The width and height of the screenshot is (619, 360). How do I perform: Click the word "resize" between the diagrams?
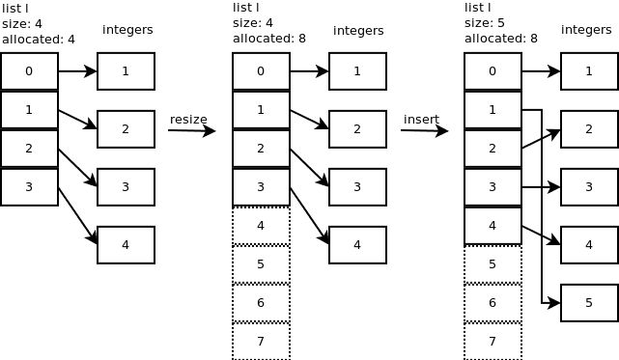[x=188, y=119]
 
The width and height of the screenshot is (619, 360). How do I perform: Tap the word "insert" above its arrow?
[x=421, y=119]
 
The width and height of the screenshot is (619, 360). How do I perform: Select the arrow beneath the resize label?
[x=191, y=130]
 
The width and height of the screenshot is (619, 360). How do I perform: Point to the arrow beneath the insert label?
[x=424, y=130]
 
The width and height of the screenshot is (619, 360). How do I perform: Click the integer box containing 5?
[x=589, y=303]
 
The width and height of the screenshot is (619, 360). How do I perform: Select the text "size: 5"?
[x=487, y=23]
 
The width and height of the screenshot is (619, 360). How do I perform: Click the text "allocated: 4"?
[x=38, y=40]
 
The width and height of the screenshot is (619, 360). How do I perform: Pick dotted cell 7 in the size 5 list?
[x=492, y=341]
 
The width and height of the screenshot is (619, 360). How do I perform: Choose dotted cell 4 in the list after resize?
[x=261, y=225]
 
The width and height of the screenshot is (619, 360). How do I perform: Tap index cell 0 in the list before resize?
[x=29, y=71]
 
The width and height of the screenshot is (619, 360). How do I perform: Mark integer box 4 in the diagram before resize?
[x=126, y=245]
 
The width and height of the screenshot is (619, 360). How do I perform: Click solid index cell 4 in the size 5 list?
[x=492, y=225]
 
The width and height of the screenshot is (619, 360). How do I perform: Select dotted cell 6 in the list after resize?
[x=261, y=302]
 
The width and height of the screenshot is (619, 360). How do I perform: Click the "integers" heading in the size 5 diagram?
[x=586, y=30]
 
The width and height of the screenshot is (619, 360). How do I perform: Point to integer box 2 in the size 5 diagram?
[x=589, y=129]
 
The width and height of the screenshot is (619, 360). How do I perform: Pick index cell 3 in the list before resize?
[x=29, y=187]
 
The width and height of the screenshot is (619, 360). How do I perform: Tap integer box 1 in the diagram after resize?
[x=357, y=71]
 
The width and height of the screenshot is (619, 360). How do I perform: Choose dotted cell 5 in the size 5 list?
[x=492, y=263]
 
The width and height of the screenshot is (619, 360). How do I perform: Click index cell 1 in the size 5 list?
[x=492, y=110]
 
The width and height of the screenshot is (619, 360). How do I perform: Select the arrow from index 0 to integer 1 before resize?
[x=77, y=70]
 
